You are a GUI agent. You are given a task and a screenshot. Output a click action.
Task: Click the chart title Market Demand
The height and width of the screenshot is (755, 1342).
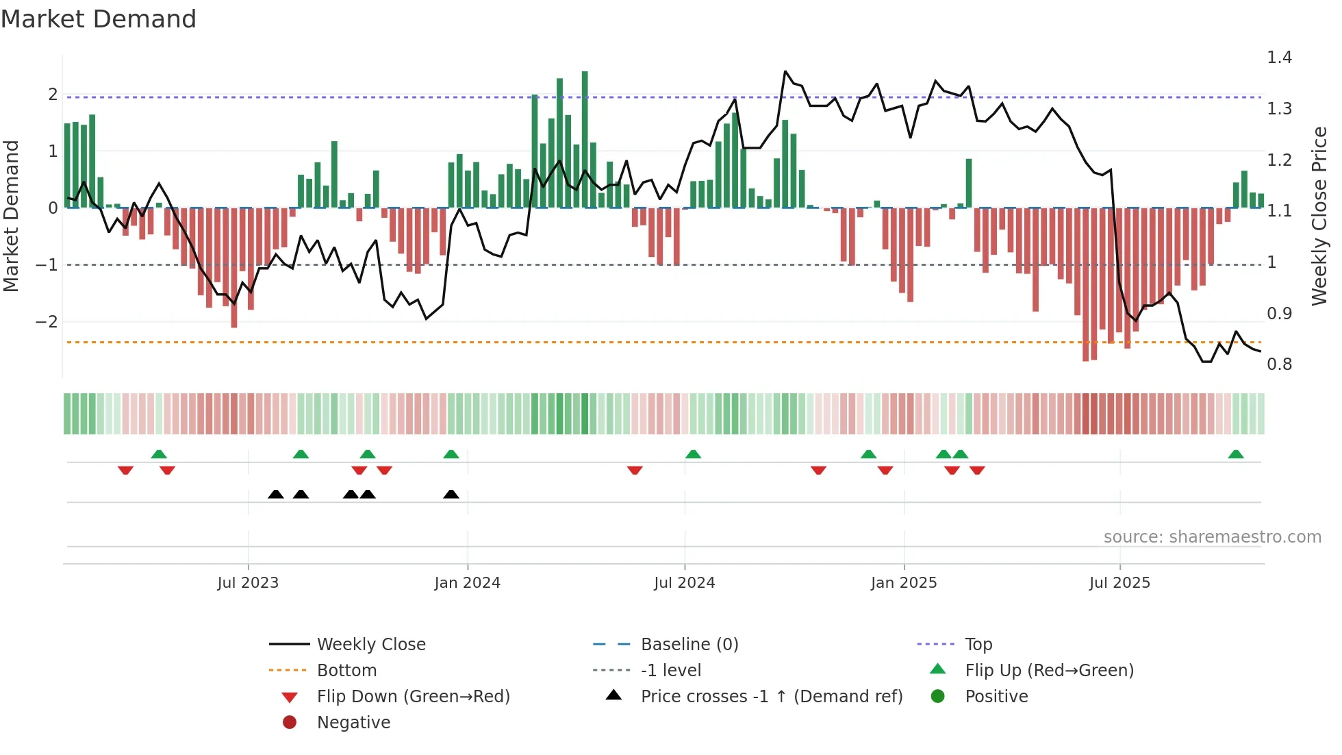99,19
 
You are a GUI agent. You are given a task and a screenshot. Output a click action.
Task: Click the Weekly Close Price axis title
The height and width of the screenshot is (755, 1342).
1319,216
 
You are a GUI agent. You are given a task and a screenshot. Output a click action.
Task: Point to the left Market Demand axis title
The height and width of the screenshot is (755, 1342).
12,216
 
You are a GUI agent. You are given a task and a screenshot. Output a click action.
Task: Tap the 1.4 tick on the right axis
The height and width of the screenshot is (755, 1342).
1279,58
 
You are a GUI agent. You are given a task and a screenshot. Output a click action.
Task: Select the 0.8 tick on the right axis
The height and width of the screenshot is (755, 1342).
1279,364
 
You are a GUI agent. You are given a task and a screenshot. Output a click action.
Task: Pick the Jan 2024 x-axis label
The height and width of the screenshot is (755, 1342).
467,583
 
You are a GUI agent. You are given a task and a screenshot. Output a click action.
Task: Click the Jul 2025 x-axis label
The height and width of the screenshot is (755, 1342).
1119,583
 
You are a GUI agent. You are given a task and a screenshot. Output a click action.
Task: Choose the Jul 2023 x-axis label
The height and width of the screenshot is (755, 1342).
248,583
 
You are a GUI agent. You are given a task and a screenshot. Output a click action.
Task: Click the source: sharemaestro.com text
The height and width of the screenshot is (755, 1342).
1212,537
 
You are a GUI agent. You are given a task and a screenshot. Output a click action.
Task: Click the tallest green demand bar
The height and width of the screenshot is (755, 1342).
585,137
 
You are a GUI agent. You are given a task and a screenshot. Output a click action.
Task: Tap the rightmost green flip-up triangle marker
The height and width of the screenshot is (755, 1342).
1236,454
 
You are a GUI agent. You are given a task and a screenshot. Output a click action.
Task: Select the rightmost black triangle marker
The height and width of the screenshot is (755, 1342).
451,494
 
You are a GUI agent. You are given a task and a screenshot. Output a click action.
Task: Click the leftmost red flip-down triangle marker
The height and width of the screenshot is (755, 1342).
125,470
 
